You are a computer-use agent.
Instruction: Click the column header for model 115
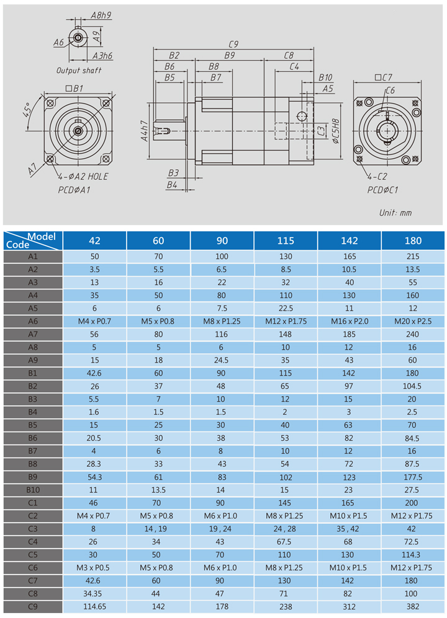286,241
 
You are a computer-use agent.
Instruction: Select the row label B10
33,490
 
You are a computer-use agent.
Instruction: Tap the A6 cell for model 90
222,321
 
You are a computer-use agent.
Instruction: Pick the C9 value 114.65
94,607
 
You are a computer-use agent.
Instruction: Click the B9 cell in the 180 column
413,477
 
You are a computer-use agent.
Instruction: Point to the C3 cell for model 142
349,529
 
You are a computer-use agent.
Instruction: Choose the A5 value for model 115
286,308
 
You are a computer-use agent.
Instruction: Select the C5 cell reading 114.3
410,555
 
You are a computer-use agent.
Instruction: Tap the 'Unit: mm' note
395,213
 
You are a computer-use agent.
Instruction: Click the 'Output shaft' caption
79,71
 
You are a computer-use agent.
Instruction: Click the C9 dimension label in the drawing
233,44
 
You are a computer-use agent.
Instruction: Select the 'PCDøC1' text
382,190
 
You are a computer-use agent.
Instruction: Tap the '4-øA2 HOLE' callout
83,177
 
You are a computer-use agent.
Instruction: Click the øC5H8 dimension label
335,130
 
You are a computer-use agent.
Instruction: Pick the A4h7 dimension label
145,131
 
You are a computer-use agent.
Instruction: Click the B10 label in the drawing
325,77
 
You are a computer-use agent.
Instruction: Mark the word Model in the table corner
42,237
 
